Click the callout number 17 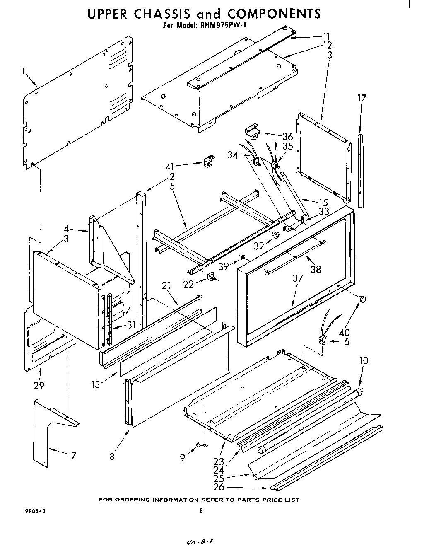pos(362,98)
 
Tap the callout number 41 pos(170,167)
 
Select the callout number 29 pos(40,385)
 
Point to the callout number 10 pos(364,360)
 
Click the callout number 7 pos(73,456)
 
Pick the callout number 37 pos(298,278)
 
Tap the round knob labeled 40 pos(363,299)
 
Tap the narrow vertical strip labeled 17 pos(361,170)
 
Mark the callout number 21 pos(166,285)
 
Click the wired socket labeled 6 pos(321,340)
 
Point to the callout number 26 pos(219,487)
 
